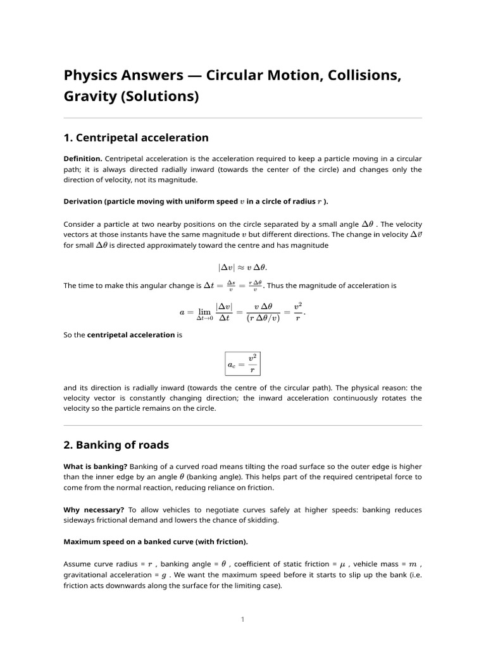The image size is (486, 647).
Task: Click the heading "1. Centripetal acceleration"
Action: coord(136,138)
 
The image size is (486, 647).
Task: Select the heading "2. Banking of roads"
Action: coord(116,445)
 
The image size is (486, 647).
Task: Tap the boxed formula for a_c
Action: coord(242,364)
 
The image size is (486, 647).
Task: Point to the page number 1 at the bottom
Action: coord(242,619)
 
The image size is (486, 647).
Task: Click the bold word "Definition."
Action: coord(83,158)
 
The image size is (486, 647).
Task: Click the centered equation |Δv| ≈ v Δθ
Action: coord(242,267)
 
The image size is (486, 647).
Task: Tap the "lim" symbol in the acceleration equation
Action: coord(204,311)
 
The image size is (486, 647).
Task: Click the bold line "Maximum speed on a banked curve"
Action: coord(156,541)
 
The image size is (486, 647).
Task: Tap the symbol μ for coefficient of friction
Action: coord(342,564)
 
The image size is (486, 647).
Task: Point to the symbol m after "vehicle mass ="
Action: coord(413,564)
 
